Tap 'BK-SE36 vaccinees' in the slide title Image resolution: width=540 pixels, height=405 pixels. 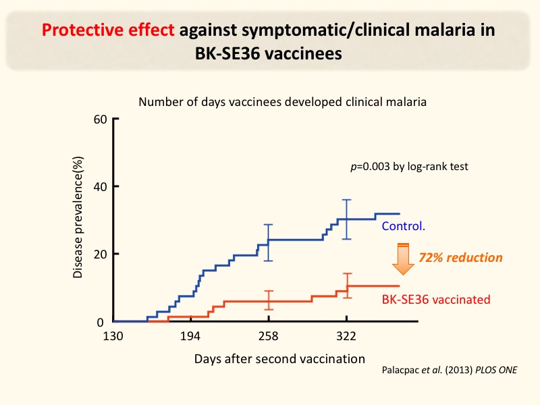point(269,54)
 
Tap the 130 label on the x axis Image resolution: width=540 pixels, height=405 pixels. point(113,336)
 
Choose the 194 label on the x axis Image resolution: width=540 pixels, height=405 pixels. point(191,336)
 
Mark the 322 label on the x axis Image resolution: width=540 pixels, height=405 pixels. point(347,336)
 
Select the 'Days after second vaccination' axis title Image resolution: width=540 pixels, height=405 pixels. point(279,358)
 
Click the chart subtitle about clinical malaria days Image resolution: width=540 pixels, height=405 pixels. point(283,103)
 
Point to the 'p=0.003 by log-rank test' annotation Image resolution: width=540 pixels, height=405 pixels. point(409,166)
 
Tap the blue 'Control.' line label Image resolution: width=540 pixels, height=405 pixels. point(403,226)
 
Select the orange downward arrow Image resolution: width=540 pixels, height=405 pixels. point(403,259)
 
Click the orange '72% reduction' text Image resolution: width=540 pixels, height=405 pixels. point(461,257)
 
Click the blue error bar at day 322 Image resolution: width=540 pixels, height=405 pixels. point(347,219)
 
